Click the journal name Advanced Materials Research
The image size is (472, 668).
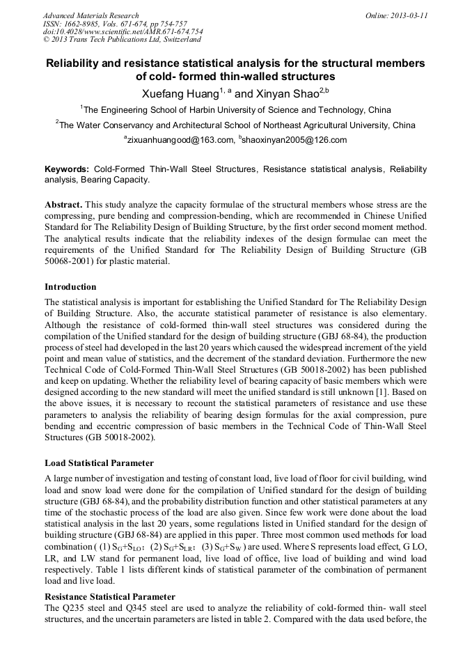(91, 15)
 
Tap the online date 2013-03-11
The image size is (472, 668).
(406, 15)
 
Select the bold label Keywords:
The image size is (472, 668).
(67, 169)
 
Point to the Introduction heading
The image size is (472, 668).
(70, 287)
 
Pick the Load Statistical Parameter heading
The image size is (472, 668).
(99, 463)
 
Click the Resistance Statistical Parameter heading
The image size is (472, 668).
(109, 597)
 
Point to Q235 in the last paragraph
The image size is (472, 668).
(71, 609)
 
